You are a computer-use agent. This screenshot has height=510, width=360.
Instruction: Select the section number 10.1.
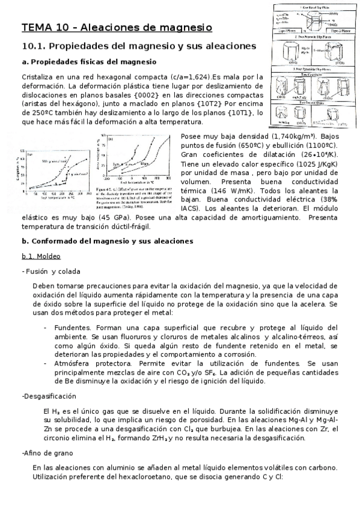(32, 46)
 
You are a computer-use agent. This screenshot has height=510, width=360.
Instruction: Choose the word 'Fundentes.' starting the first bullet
(72, 328)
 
